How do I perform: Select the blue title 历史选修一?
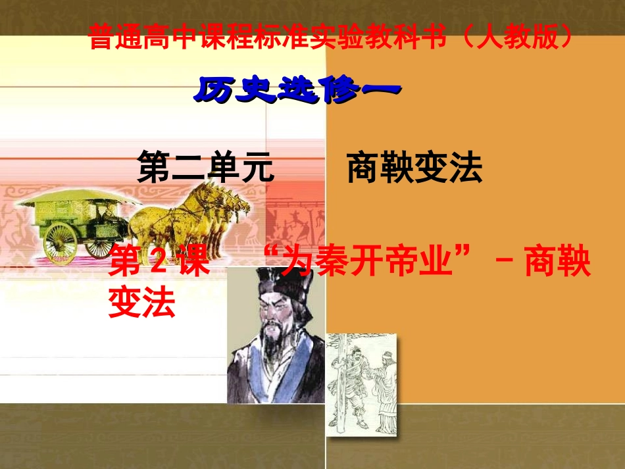296,90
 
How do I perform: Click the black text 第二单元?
205,168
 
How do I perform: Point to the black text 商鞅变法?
414,168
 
